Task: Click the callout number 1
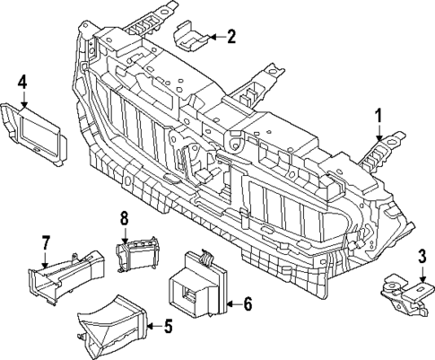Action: (378, 115)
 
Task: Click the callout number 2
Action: (231, 37)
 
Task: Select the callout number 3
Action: (422, 259)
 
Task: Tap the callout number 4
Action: (22, 83)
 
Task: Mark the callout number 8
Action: (125, 217)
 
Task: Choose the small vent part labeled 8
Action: (136, 255)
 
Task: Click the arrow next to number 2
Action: (213, 37)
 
